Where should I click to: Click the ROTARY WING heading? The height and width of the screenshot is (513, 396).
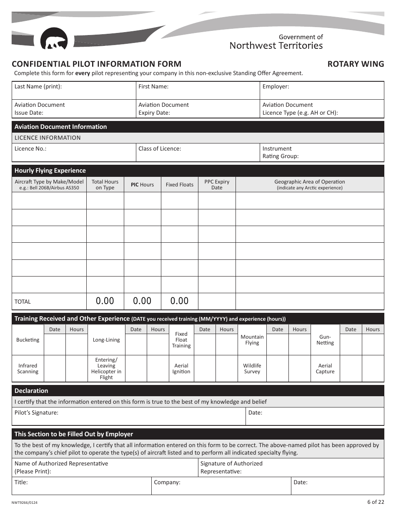pos(355,64)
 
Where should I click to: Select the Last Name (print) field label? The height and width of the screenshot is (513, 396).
pos(38,87)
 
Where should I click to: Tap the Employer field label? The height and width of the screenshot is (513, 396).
pos(276,87)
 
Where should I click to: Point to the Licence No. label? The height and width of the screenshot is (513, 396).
pos(30,148)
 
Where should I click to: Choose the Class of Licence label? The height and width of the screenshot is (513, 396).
pos(160,148)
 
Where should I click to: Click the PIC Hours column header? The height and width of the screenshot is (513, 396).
pos(142,185)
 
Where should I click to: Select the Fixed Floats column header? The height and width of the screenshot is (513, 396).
pos(179,185)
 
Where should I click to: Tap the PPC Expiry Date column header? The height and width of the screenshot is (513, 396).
pos(217,185)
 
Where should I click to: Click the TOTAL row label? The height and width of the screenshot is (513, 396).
pos(23,302)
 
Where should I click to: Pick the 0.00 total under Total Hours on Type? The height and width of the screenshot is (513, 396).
pos(105,301)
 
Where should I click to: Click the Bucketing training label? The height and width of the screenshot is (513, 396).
pos(28,340)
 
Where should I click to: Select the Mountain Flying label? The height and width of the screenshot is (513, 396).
pos(252,340)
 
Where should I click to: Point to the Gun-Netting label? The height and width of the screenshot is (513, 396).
pos(325,340)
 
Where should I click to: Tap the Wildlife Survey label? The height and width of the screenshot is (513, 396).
pos(252,369)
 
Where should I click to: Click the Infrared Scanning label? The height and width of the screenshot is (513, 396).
pos(28,369)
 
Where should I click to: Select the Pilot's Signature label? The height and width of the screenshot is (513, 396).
pos(36,413)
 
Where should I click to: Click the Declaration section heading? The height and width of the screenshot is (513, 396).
pos(31,391)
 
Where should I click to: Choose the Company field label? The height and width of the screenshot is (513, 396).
pos(167,483)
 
